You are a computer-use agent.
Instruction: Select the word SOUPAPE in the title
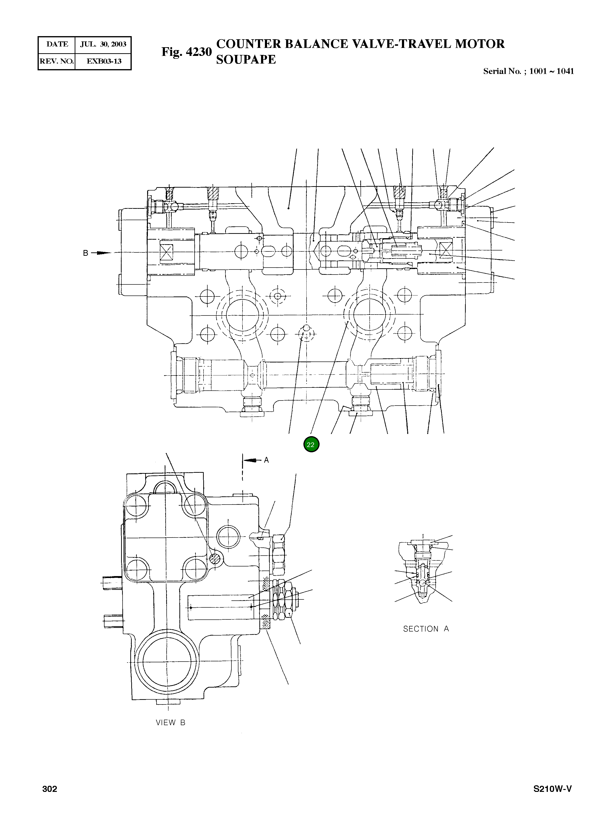[246, 59]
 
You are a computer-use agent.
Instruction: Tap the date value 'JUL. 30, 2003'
[103, 44]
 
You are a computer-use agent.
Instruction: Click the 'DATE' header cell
[57, 44]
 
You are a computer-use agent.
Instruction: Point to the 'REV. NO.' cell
[57, 61]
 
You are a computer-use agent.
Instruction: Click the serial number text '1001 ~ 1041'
[551, 71]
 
